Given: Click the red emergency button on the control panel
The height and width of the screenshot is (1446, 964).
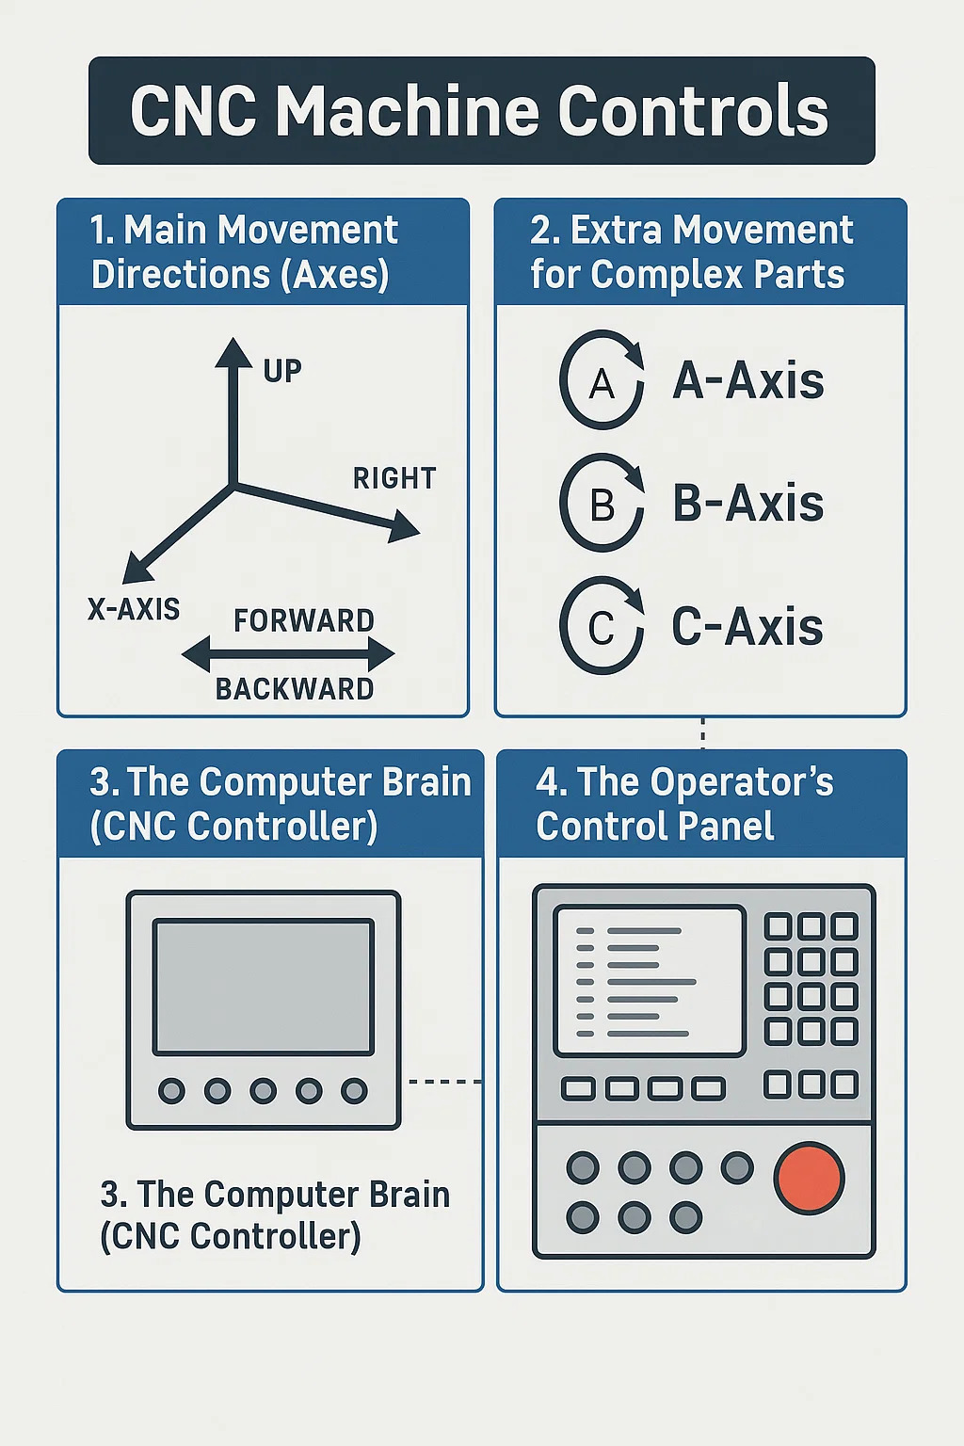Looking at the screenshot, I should pos(809,1177).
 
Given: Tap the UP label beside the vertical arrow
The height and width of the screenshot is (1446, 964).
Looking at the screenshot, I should pos(282,371).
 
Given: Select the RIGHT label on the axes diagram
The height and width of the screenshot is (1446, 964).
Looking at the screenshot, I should pos(394,478).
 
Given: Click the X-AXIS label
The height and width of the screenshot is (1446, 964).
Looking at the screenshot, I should pos(134,609).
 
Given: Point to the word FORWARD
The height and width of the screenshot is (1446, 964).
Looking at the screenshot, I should pos(304,620).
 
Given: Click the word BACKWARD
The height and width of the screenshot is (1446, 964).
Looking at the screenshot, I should pos(295,689).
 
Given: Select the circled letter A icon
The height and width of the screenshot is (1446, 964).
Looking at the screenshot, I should pos(602,381).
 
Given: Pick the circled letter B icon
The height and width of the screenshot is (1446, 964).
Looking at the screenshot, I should pos(602,504).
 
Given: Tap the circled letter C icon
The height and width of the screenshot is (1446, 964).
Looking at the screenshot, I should pos(602,627).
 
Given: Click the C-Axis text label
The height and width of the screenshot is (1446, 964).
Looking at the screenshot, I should pos(747,627).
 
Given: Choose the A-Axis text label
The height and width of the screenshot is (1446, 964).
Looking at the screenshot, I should pos(748,381).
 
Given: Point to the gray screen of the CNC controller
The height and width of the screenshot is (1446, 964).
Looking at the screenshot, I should pos(264,987).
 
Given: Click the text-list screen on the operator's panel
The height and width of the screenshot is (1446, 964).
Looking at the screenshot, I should pos(650,981).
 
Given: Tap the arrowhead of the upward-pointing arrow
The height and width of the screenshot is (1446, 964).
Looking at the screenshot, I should pos(233,353).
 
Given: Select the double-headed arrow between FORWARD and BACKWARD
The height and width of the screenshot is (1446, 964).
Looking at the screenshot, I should pos(288,654).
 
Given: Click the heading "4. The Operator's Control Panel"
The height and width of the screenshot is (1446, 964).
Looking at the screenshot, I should pos(684,804).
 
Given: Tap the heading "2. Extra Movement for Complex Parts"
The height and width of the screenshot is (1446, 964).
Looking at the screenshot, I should pos(691,252).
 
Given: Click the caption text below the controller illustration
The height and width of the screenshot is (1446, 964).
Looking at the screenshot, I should pos(275,1215).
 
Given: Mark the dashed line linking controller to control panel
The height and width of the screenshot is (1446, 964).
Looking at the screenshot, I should pos(444,1082).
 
